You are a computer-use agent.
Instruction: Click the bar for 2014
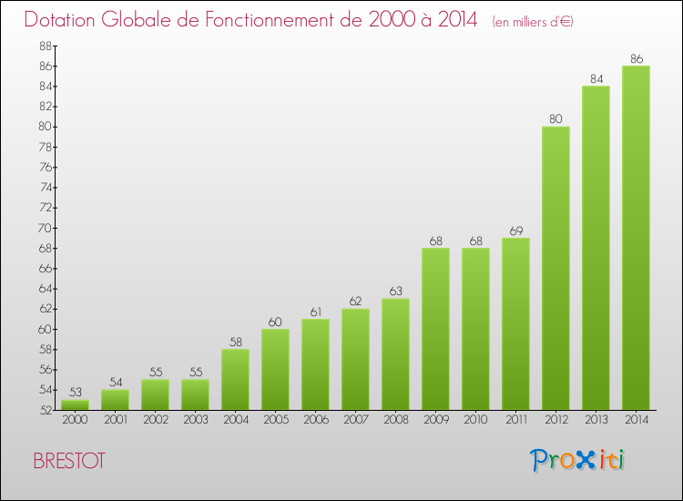[x=636, y=237]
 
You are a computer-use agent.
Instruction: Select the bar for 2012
[x=556, y=268]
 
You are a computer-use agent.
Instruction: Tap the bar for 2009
[x=435, y=328]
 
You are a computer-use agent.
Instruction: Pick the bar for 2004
[x=235, y=379]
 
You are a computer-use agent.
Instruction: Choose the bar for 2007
[x=355, y=359]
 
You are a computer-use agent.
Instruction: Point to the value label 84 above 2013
[x=596, y=79]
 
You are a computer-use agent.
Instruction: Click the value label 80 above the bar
[x=556, y=119]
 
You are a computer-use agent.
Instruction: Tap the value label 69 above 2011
[x=515, y=230]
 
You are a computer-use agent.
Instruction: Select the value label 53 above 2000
[x=75, y=392]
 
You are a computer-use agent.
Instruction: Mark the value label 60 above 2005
[x=275, y=322]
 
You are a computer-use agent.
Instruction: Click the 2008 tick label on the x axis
[x=395, y=419]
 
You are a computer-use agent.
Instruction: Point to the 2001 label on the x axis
[x=115, y=419]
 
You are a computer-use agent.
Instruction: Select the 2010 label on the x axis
[x=475, y=419]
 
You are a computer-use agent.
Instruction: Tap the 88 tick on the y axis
[x=45, y=46]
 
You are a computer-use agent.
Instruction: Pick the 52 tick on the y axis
[x=45, y=410]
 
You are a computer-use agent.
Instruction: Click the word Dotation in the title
[x=66, y=20]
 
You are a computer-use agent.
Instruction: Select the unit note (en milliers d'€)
[x=533, y=22]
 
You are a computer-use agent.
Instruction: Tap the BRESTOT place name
[x=68, y=461]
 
